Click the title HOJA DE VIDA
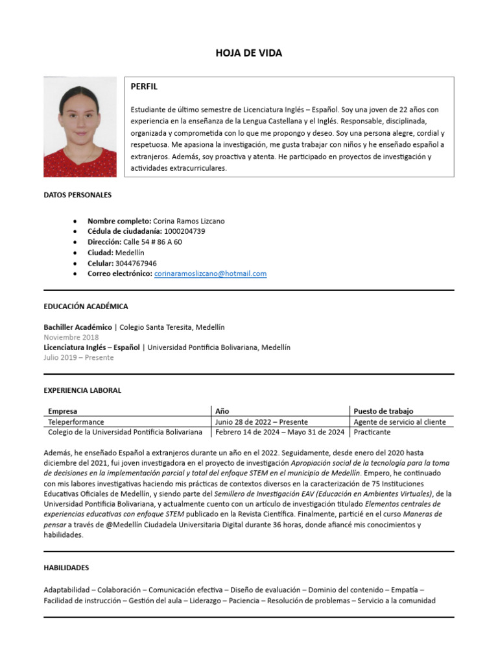(249, 53)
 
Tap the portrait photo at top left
(80, 127)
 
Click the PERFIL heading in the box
(144, 86)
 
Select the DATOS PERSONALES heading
(77, 195)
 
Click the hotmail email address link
(210, 274)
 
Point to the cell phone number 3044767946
(136, 264)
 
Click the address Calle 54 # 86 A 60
(152, 242)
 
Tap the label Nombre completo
(119, 221)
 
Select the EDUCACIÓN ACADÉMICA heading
(86, 307)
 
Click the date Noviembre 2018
(71, 338)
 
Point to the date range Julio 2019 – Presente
(78, 358)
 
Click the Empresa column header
(63, 411)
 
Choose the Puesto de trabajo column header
(383, 411)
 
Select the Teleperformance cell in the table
(76, 422)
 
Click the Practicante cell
(372, 433)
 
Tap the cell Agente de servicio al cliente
(399, 422)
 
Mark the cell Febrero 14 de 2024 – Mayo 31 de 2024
(280, 433)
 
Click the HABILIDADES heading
(66, 568)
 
